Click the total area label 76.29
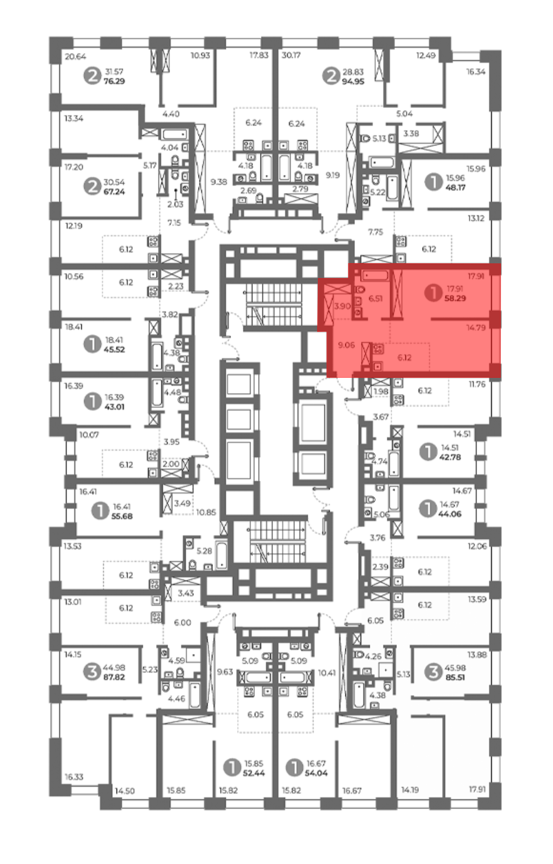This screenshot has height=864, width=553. pyautogui.click(x=114, y=81)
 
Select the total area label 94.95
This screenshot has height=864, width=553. pyautogui.click(x=353, y=82)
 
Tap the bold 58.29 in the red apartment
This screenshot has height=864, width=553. pyautogui.click(x=455, y=298)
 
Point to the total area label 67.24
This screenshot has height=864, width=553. pyautogui.click(x=114, y=192)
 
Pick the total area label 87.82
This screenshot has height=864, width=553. pyautogui.click(x=114, y=677)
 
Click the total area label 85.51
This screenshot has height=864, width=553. pyautogui.click(x=455, y=677)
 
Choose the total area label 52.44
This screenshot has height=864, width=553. pyautogui.click(x=254, y=773)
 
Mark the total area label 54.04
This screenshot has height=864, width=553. pyautogui.click(x=316, y=773)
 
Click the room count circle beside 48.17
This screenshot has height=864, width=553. pyautogui.click(x=434, y=182)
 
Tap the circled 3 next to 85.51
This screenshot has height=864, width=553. pyautogui.click(x=434, y=672)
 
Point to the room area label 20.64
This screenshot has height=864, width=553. pyautogui.click(x=76, y=56)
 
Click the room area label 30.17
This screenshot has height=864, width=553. pyautogui.click(x=291, y=55)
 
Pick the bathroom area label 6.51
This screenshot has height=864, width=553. pyautogui.click(x=375, y=298)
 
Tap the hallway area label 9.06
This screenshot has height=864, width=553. pyautogui.click(x=346, y=345)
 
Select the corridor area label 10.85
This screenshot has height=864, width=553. pyautogui.click(x=206, y=512)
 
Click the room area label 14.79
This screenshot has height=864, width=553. pyautogui.click(x=476, y=327)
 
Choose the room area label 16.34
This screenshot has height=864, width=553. pyautogui.click(x=476, y=72)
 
